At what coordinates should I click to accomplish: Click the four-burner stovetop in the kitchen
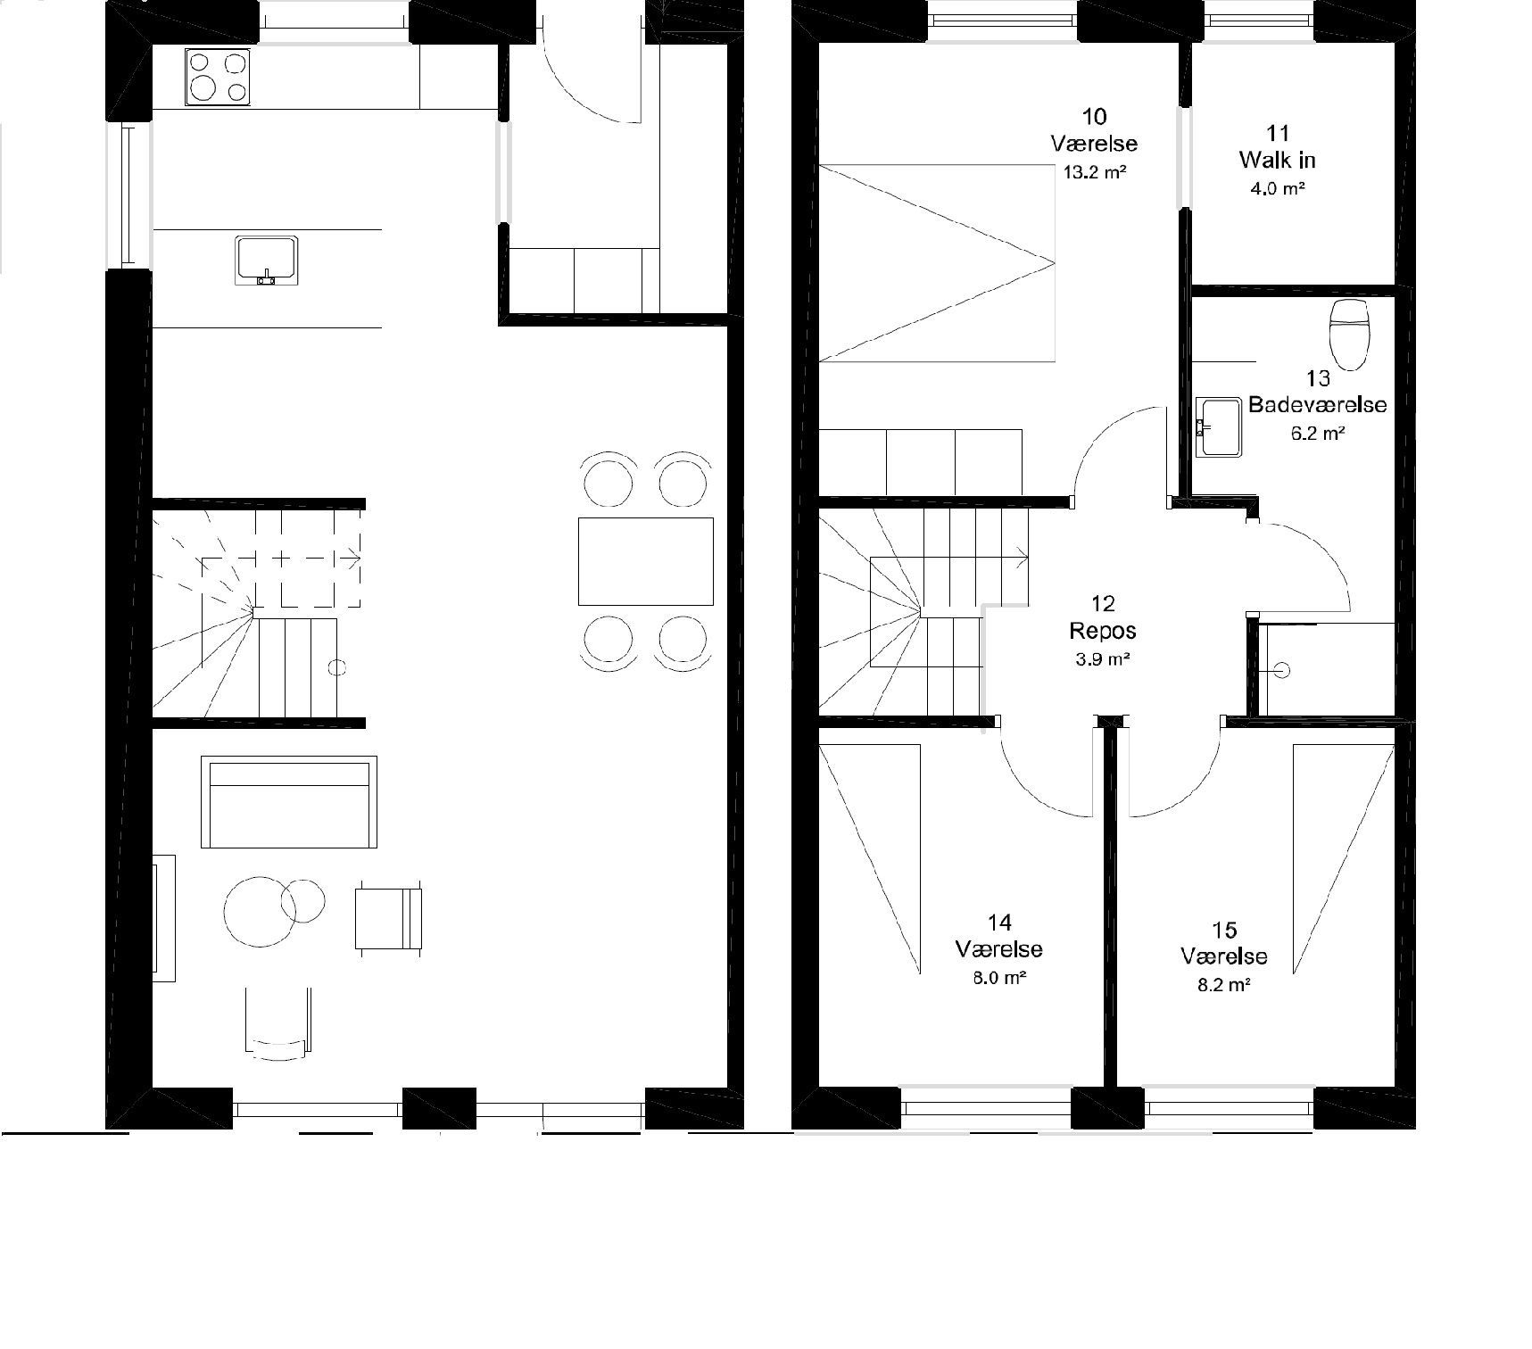[x=218, y=77]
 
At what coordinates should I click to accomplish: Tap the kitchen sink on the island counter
[x=266, y=261]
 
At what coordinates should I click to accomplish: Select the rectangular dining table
[x=646, y=561]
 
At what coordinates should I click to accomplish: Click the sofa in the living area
[x=289, y=802]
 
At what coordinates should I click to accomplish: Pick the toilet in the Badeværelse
[x=1348, y=335]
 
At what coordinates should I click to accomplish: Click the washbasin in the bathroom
[x=1218, y=427]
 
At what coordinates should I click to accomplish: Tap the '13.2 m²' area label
[x=1094, y=172]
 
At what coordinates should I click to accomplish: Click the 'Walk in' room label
[x=1278, y=160]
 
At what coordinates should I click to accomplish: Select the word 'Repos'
[x=1103, y=631]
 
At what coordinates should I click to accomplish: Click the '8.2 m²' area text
[x=1224, y=985]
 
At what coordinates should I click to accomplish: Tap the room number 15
[x=1225, y=931]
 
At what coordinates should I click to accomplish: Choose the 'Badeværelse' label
[x=1318, y=404]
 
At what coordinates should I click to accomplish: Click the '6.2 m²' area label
[x=1317, y=434]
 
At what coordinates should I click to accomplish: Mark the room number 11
[x=1278, y=133]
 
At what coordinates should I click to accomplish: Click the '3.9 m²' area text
[x=1103, y=660]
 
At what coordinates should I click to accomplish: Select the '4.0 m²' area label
[x=1278, y=188]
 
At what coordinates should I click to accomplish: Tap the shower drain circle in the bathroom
[x=1284, y=669]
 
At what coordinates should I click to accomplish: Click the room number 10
[x=1094, y=116]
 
